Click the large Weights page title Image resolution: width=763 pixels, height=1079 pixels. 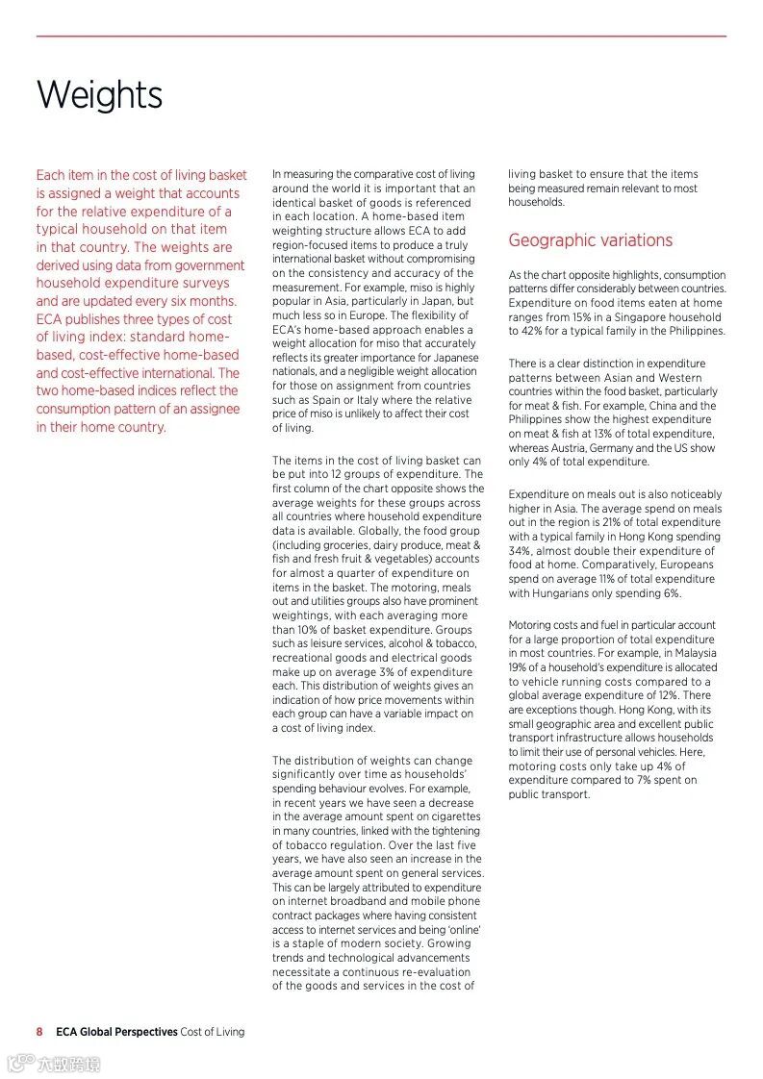pyautogui.click(x=99, y=95)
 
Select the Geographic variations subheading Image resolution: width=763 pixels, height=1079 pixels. pyautogui.click(x=590, y=240)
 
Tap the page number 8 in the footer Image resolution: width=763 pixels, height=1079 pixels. pyautogui.click(x=39, y=1032)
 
